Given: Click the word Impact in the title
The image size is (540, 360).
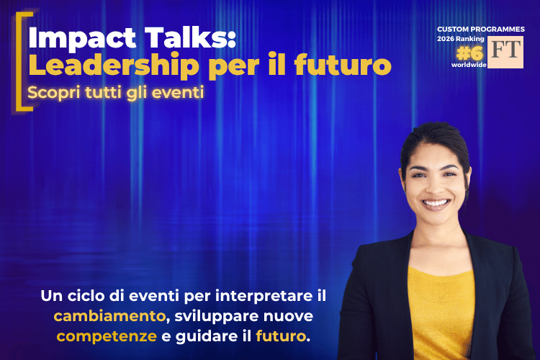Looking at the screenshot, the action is coord(82,39).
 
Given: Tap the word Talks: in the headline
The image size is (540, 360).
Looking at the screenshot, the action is coord(190,37).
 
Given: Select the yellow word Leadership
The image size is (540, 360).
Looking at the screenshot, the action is coord(114,66).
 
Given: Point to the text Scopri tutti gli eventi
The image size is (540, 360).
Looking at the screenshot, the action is coord(116,93).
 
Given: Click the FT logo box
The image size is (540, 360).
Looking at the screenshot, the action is coord(505,52).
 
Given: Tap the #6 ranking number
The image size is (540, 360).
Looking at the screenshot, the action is coord(469,53).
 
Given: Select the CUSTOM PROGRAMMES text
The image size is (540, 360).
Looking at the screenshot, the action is coord(481,30).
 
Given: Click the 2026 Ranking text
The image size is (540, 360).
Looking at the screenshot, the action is coord(461,39).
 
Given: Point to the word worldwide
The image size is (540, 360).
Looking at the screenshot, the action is coord(469,65).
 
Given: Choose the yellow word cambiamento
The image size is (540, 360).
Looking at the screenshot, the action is coord(109,316).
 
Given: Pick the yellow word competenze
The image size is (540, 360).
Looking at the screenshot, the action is coord(107,336).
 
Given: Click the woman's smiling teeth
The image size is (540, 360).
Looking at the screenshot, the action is coord(436,203).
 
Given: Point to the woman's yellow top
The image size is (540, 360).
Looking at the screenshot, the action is coord(441,312).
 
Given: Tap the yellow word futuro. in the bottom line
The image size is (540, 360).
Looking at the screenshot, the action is coord(283,336).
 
